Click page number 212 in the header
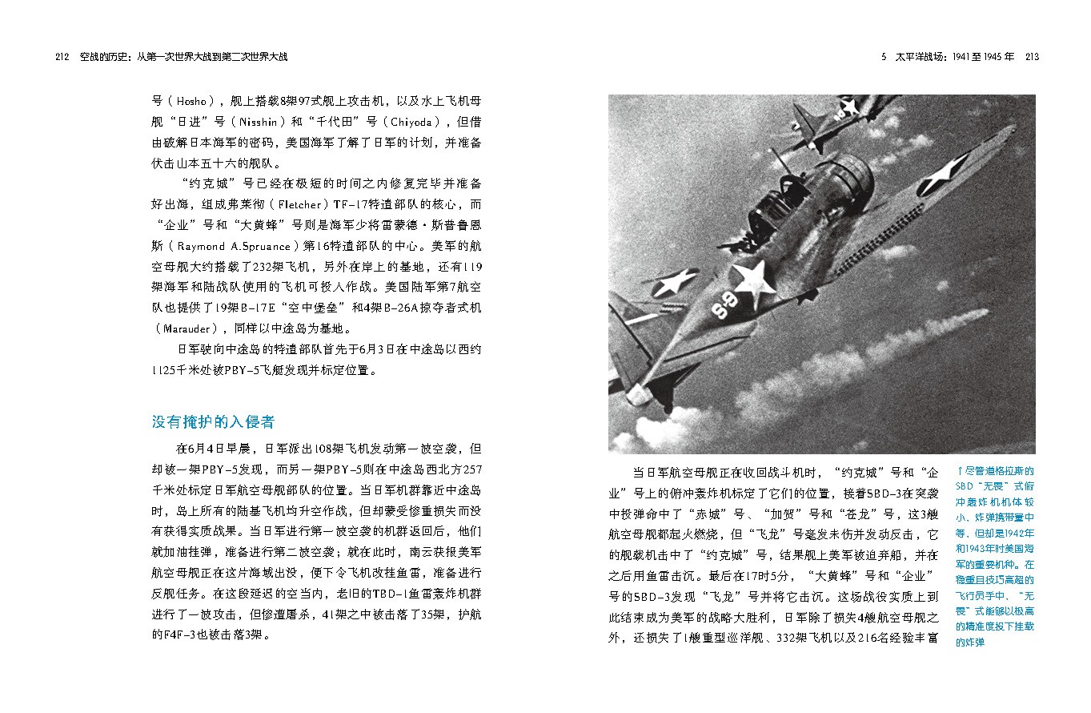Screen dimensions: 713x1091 (62, 57)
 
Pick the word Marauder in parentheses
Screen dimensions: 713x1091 (186, 328)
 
